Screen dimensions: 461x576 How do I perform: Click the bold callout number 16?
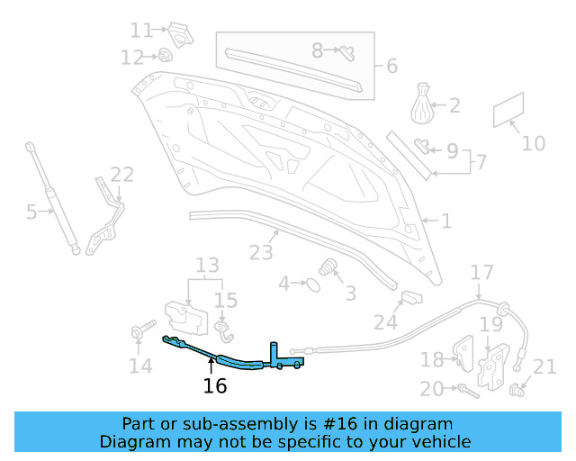point(215,386)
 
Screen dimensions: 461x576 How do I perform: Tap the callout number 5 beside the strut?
point(31,212)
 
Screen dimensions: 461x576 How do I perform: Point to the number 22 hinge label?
point(121,174)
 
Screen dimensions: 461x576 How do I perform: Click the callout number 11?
point(141,30)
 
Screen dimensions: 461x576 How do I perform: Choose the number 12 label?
point(132,58)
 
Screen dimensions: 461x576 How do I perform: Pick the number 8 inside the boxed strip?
point(317,50)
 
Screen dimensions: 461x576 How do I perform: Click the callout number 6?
point(391,66)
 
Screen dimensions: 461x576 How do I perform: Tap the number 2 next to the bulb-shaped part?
point(454,105)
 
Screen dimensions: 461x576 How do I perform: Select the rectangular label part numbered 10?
point(509,112)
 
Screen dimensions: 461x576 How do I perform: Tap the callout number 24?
point(385,321)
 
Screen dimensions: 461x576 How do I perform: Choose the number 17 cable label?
point(482,272)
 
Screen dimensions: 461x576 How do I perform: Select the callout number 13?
point(208,265)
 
